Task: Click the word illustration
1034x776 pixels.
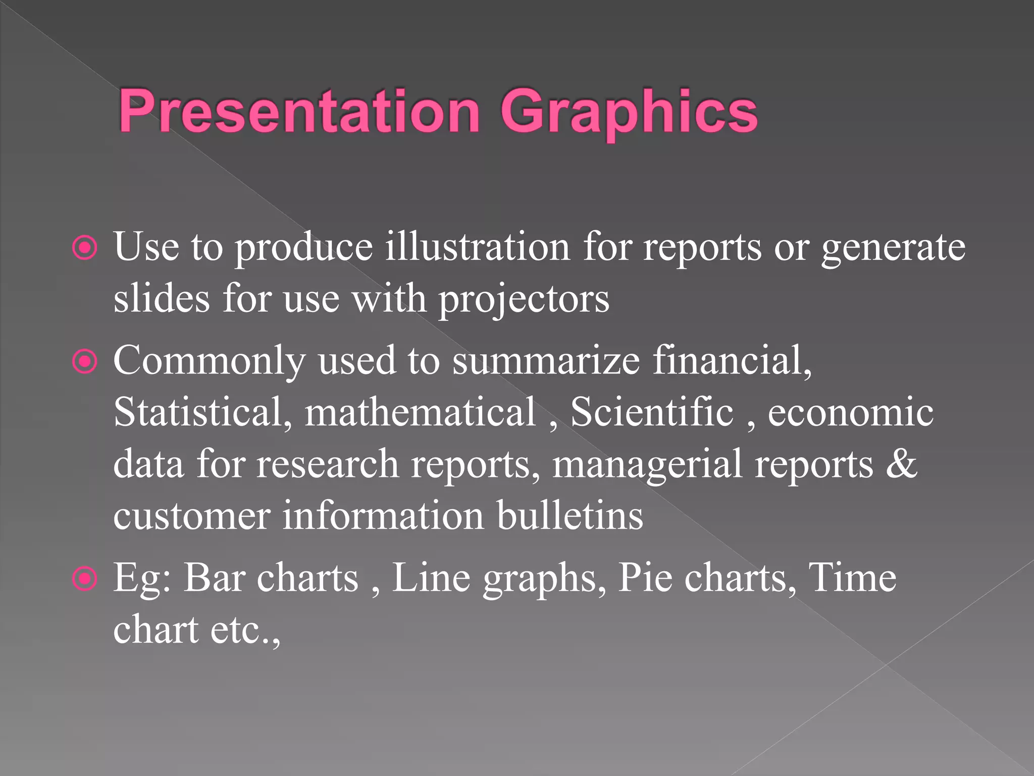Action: (477, 247)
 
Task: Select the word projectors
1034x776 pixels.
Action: (524, 300)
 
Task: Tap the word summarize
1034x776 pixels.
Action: (546, 361)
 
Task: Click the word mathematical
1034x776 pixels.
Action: (420, 412)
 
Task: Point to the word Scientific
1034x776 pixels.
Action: (651, 412)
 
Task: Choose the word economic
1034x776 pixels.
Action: (850, 413)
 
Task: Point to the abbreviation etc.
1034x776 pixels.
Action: (240, 631)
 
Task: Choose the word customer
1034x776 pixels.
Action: (192, 517)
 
